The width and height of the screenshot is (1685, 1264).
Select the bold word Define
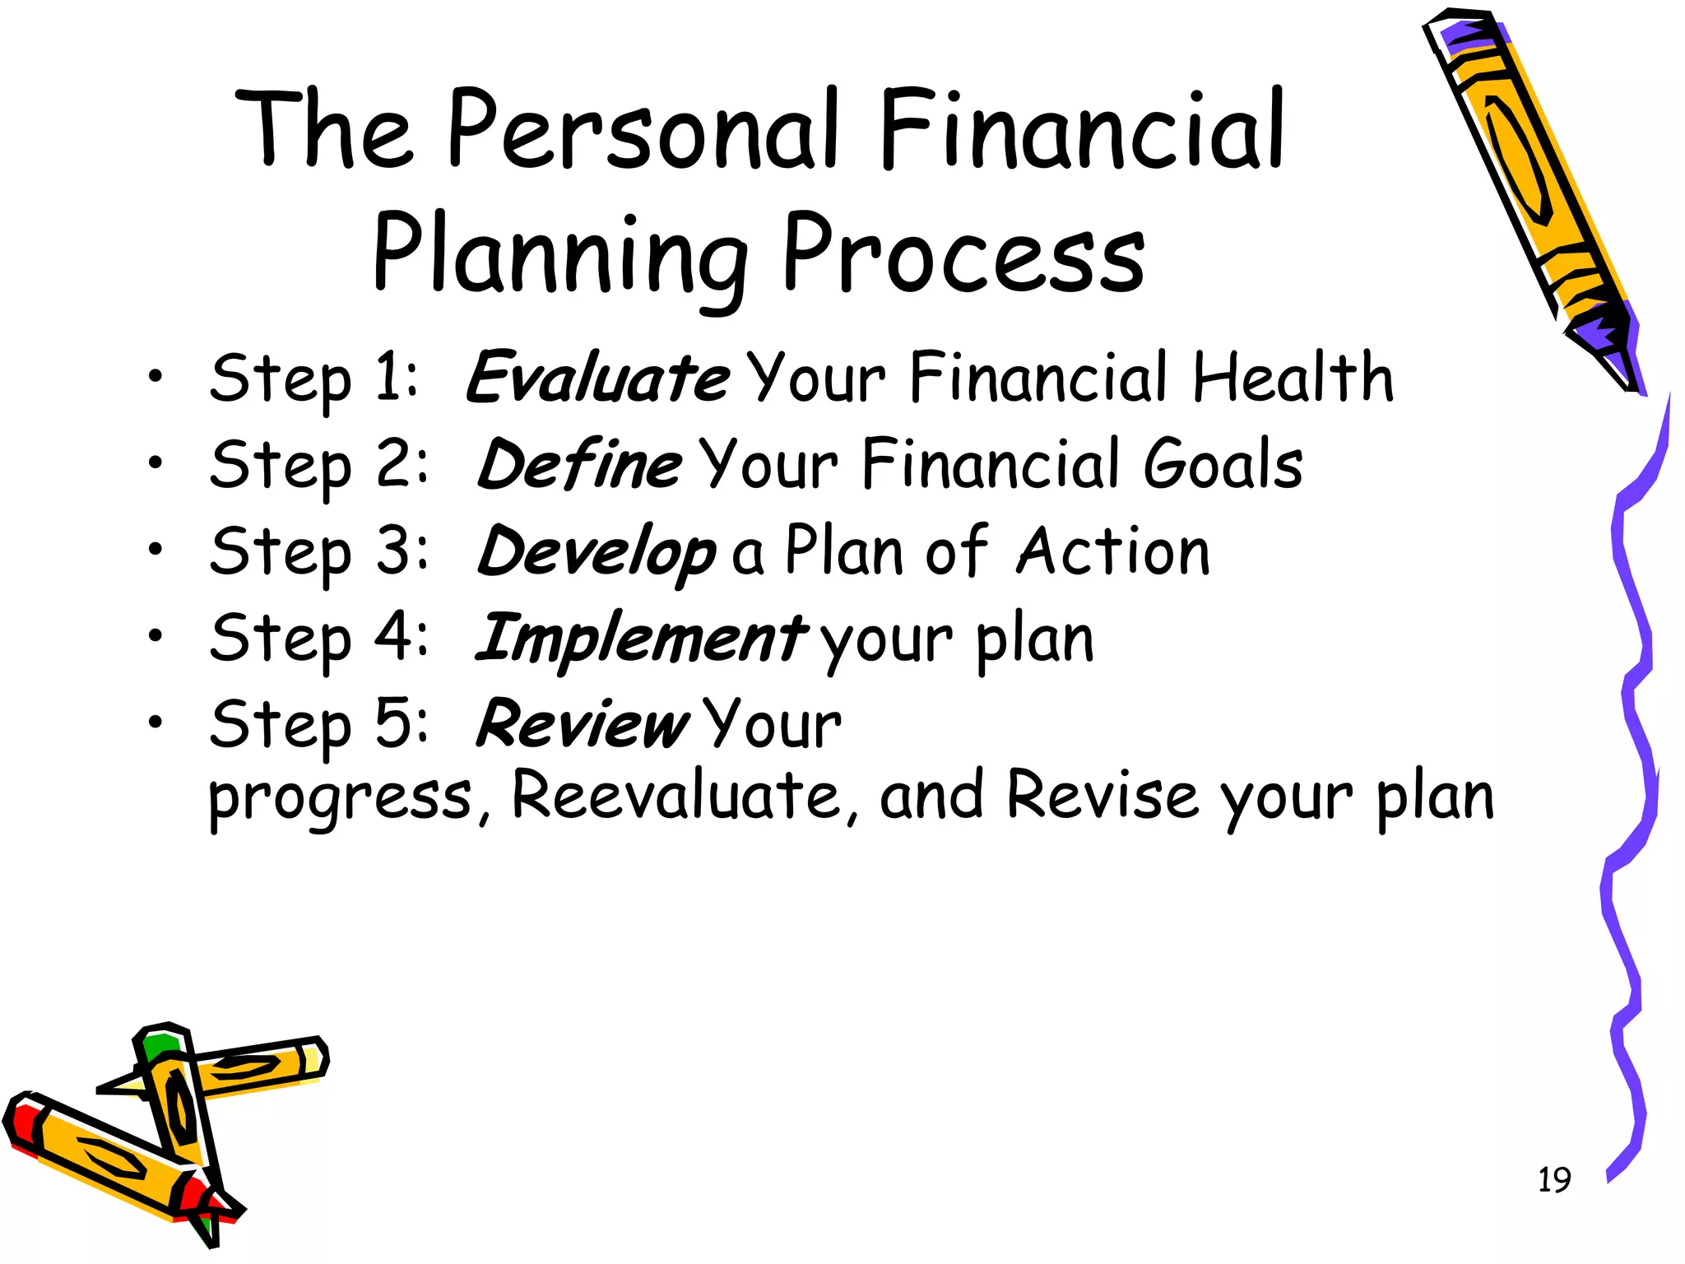pos(579,464)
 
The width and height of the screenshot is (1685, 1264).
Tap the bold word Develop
pos(596,551)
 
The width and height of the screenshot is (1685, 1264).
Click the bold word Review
pos(583,725)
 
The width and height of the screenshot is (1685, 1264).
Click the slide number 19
pos(1554,1180)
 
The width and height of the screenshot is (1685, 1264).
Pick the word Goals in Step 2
pos(1223,464)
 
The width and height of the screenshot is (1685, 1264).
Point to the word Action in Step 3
pos(1114,551)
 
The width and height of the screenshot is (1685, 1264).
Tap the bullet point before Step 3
pos(156,548)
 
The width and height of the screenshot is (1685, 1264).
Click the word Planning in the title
pos(559,255)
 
